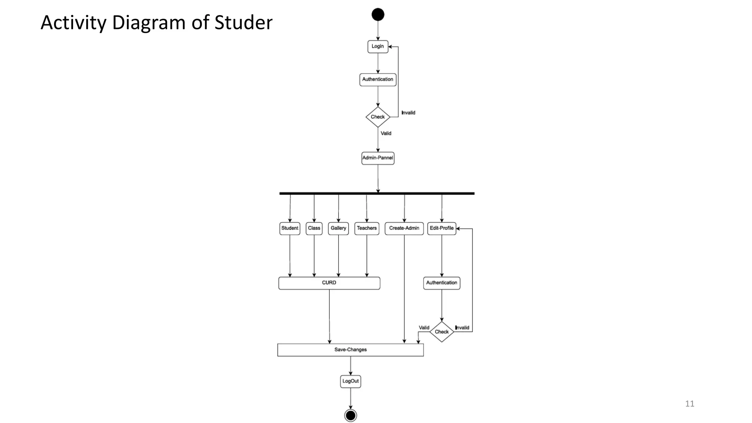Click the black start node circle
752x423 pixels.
pos(378,15)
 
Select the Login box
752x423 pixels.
pos(378,46)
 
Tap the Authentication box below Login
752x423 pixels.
pos(378,79)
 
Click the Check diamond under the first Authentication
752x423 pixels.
pos(378,117)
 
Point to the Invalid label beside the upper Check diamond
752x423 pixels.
pos(408,113)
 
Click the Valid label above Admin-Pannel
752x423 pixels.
pos(386,133)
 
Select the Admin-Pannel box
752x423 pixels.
pos(378,158)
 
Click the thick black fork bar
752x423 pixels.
pos(377,193)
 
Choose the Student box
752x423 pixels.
pos(290,228)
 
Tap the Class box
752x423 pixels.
pos(314,228)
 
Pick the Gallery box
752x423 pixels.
pos(338,228)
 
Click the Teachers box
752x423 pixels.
pos(367,228)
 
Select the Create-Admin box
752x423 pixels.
pos(404,228)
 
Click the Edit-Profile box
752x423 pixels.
pos(442,228)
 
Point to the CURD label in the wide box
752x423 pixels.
pos(329,283)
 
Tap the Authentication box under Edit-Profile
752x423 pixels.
pos(442,283)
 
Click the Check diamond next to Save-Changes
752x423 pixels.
pos(442,332)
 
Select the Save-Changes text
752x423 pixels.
pos(350,350)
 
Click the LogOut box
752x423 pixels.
pos(351,381)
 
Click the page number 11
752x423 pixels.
pos(690,404)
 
